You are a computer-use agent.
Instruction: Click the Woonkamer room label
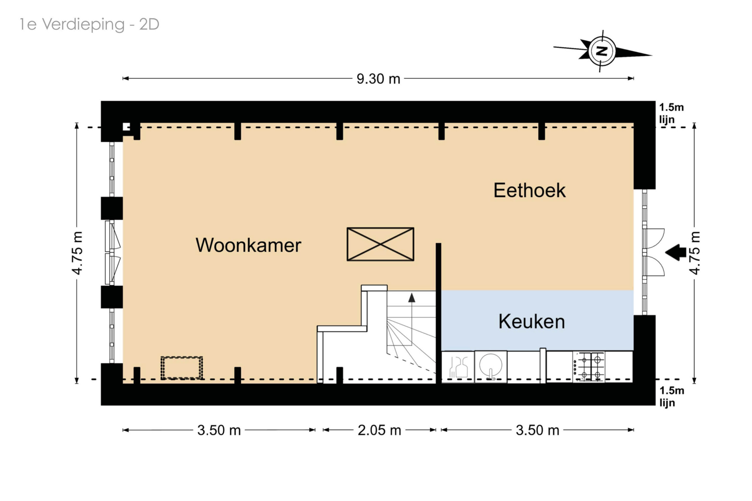tap(248, 246)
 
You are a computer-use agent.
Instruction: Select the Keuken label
tap(531, 322)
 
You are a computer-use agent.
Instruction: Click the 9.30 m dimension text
tap(378, 79)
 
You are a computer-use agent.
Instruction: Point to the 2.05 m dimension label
tap(379, 431)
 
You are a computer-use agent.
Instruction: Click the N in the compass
tap(602, 51)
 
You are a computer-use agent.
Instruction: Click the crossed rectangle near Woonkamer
tap(380, 244)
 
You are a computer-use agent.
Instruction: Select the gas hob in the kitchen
tap(590, 367)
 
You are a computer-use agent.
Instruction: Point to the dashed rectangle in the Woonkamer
tap(182, 368)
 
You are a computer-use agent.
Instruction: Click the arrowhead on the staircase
tap(412, 298)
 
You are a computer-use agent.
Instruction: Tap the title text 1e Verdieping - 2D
tap(89, 24)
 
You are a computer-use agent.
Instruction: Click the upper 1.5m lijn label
tap(671, 113)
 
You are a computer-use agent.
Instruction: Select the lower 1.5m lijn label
tap(672, 396)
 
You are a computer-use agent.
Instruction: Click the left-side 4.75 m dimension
tap(77, 253)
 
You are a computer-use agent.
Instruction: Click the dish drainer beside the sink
tap(458, 367)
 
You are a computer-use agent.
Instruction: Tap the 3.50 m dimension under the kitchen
tap(537, 431)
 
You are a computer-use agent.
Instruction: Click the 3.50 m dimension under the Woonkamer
tap(219, 431)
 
